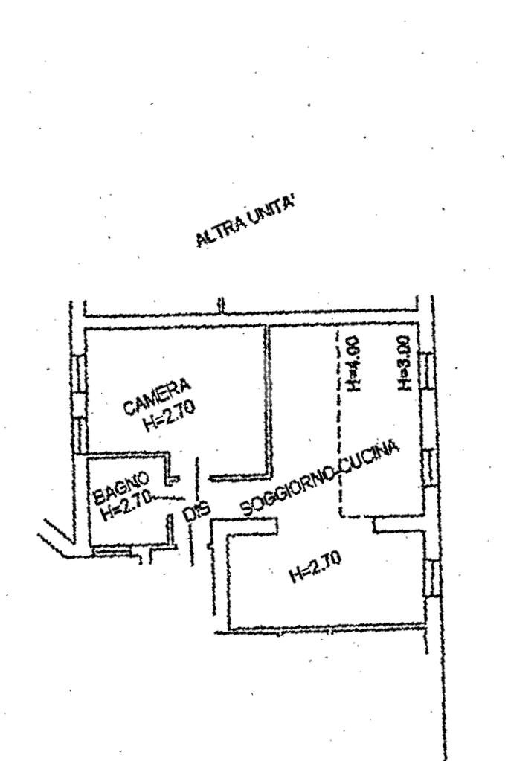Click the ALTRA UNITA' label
(x=245, y=225)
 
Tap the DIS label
(x=194, y=513)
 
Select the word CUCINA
(x=371, y=456)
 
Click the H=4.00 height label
(x=353, y=363)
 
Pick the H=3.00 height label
(x=404, y=363)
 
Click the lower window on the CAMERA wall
(x=80, y=430)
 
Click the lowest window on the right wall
(x=429, y=577)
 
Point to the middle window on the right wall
(x=428, y=468)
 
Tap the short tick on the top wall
(x=220, y=305)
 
